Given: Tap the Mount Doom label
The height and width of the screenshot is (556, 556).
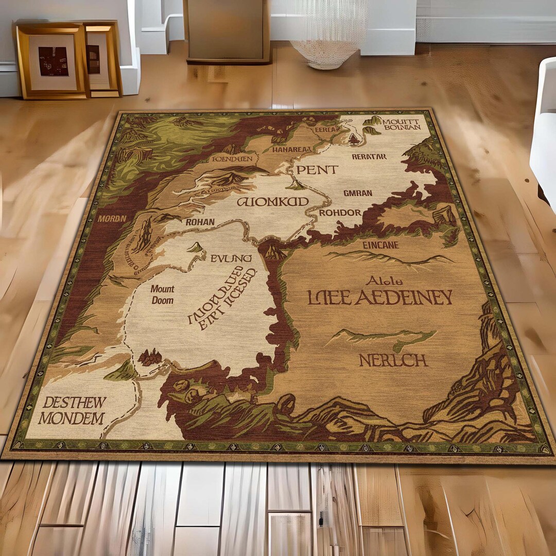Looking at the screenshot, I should click(162, 294).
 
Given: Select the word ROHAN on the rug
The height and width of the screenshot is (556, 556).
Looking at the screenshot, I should click(200, 222).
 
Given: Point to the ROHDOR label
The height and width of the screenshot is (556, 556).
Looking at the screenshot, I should click(340, 213).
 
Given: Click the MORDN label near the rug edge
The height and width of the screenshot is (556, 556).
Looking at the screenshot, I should click(112, 218).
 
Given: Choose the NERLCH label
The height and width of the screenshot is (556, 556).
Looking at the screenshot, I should click(393, 360).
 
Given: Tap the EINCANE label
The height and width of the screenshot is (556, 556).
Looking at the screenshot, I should click(380, 245).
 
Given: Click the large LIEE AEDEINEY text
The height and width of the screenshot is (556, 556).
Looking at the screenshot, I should click(380, 298).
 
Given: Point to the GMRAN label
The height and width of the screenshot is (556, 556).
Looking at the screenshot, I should click(357, 194).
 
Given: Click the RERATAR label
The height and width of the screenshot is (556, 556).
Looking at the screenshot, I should click(369, 156).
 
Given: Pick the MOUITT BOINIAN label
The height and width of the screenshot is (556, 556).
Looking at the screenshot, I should click(402, 124).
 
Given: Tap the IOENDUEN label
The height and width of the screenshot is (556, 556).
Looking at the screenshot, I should click(232, 159).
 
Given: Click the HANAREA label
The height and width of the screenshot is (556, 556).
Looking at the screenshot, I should click(292, 150).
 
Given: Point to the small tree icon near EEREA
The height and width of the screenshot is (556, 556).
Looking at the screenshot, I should click(354, 138).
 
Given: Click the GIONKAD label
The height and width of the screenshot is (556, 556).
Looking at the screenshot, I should click(272, 201).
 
